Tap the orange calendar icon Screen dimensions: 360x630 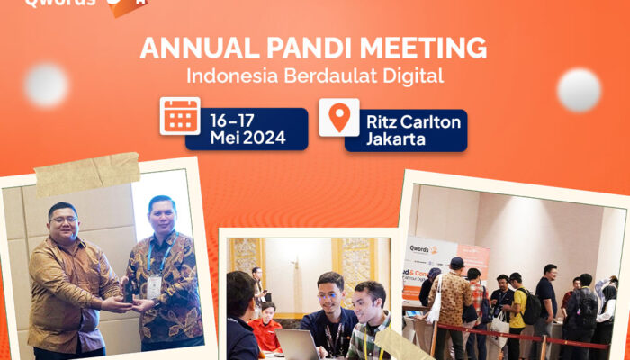[180, 116]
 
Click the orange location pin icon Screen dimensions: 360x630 [339, 117]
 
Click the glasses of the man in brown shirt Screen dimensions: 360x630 [63, 220]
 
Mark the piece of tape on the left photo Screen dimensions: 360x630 [87, 174]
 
